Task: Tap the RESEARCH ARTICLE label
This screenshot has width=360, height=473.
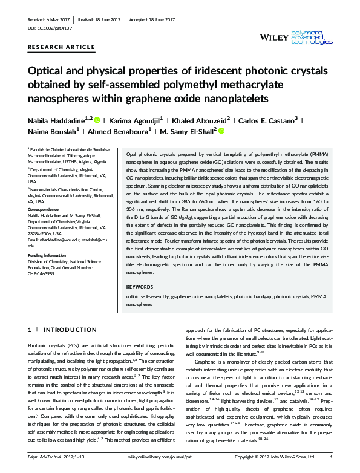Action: pos(62,47)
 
